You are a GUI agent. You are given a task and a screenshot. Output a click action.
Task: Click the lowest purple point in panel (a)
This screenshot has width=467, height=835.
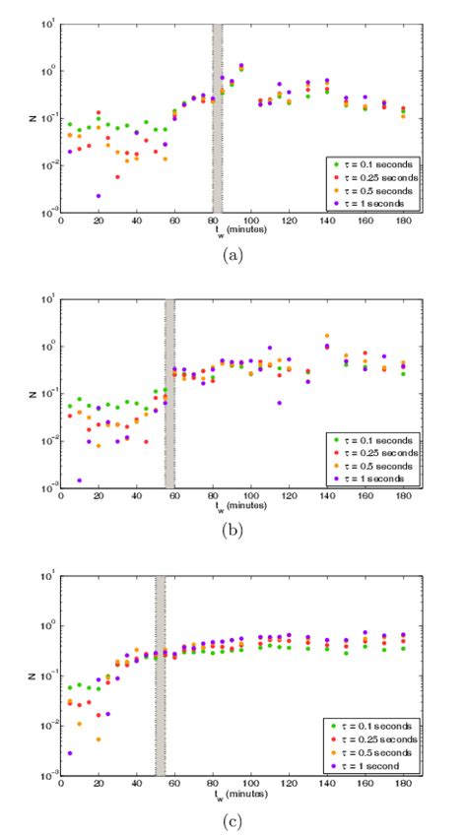pyautogui.click(x=99, y=196)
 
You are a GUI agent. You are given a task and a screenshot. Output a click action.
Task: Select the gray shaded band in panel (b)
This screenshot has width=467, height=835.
pyautogui.click(x=169, y=394)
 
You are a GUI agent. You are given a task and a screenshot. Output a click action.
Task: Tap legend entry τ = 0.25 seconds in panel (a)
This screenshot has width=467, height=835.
pyautogui.click(x=370, y=174)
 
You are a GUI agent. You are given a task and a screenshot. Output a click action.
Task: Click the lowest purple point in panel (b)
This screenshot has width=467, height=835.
pyautogui.click(x=80, y=480)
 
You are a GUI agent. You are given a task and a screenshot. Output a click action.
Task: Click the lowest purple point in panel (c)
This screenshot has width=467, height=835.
pyautogui.click(x=70, y=753)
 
